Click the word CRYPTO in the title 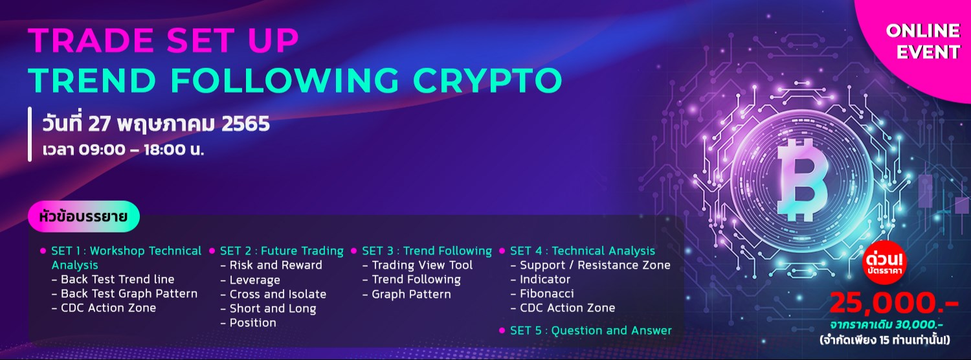pyautogui.click(x=487, y=80)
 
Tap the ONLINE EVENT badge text pyautogui.click(x=922, y=41)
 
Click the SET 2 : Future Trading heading pyautogui.click(x=282, y=251)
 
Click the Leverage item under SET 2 pyautogui.click(x=254, y=280)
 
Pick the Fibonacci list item pyautogui.click(x=546, y=293)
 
